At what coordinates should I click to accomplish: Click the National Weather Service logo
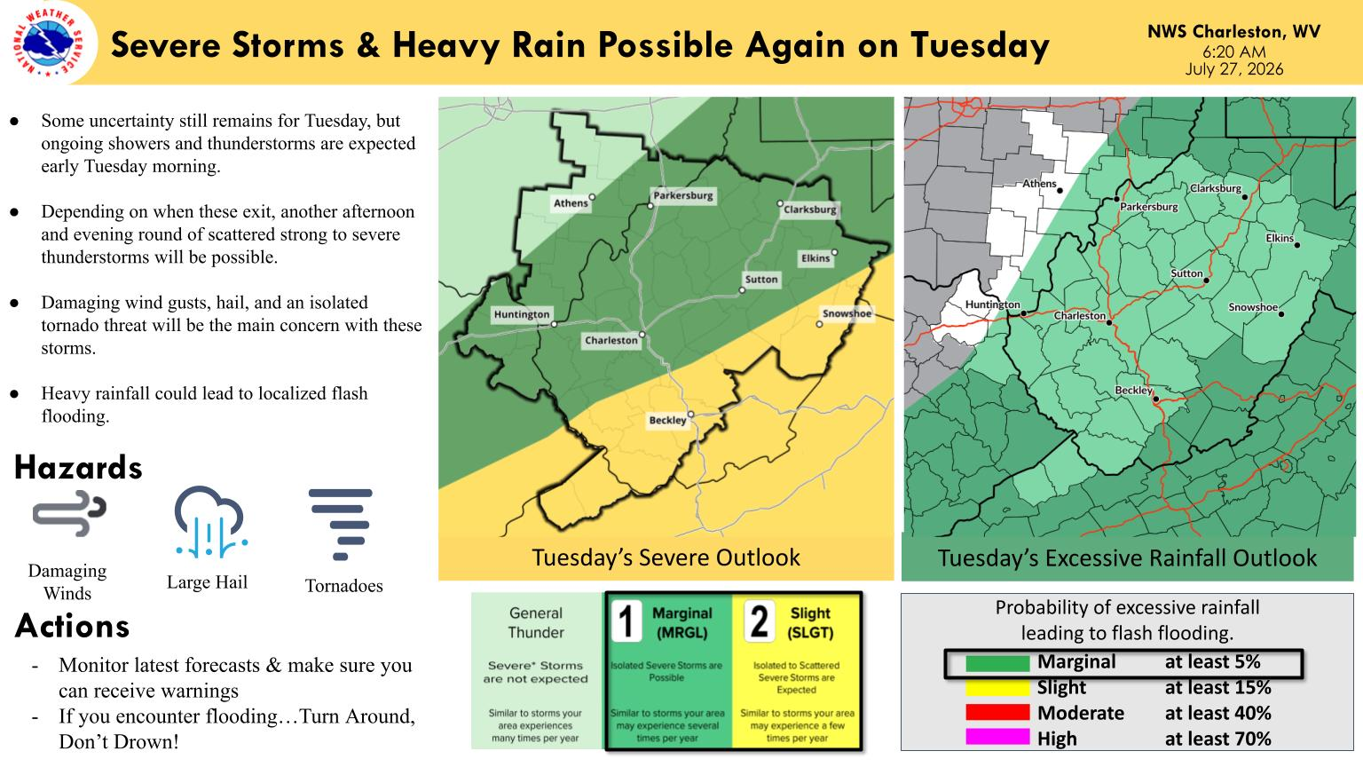[50, 43]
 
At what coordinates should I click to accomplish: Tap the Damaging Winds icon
[69, 514]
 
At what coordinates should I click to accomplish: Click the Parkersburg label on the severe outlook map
[682, 195]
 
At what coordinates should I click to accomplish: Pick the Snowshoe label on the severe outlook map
[847, 313]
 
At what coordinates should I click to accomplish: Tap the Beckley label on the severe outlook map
[667, 420]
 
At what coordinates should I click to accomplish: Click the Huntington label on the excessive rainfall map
[992, 304]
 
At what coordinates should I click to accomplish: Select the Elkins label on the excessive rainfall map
[1280, 238]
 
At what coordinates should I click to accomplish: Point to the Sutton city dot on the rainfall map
[1207, 281]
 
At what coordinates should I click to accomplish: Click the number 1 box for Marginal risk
[626, 621]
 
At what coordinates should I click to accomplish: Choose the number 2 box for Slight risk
[759, 621]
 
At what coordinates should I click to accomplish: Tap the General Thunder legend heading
[536, 622]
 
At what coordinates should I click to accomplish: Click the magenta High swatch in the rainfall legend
[998, 739]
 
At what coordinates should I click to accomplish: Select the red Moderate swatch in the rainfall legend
[998, 712]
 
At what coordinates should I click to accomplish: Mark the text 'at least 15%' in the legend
[1217, 687]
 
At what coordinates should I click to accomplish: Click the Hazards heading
[78, 468]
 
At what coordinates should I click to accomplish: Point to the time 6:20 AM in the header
[1234, 51]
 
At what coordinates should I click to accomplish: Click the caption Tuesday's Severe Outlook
[666, 557]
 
